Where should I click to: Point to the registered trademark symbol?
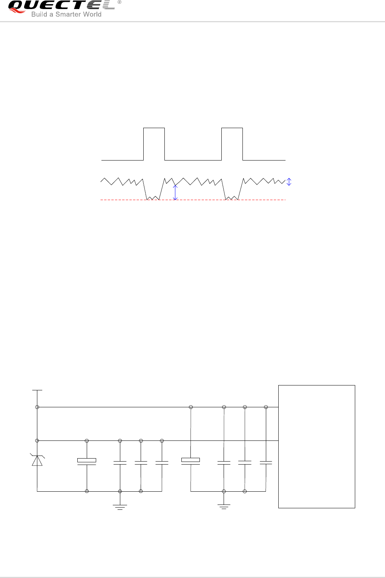pos(120,2)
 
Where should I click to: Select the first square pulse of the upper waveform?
pos(154,144)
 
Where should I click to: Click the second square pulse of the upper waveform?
pos(232,144)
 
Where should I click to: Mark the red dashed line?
pos(193,200)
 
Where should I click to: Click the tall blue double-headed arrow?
pos(175,192)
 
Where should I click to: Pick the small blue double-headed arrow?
pos(289,182)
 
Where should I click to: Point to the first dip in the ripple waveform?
pos(153,197)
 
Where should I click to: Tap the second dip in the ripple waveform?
pos(232,197)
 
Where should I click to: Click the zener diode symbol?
pos(37,460)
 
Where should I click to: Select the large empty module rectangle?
pos(316,446)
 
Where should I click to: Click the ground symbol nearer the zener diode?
pos(120,507)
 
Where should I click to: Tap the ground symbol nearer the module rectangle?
pos(224,507)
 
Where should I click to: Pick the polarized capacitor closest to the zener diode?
pos(87,461)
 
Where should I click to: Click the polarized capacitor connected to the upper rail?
pos(191,461)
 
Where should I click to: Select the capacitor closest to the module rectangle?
pos(266,462)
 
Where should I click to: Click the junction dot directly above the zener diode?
pos(37,440)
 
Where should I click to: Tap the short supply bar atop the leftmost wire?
pos(37,390)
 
